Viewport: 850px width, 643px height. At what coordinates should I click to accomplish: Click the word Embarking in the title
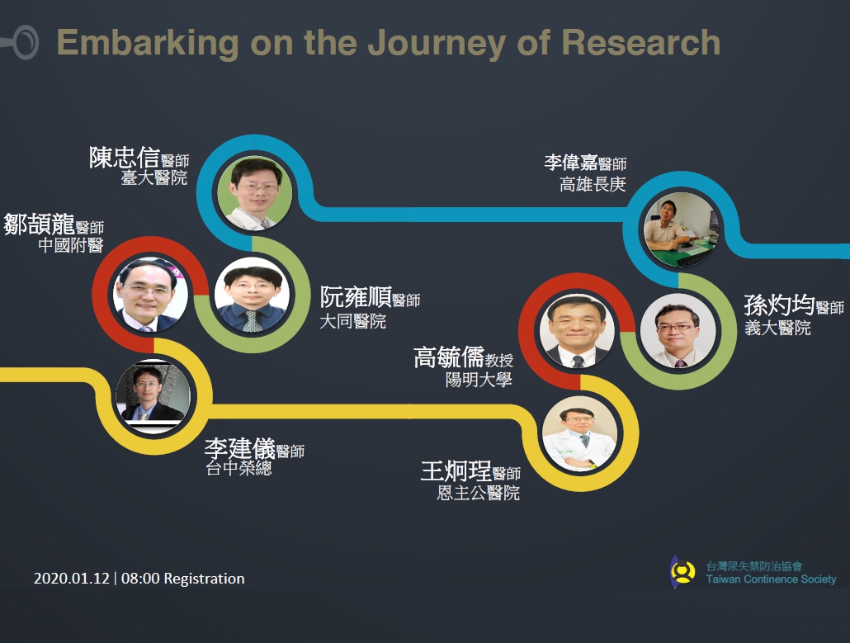point(148,44)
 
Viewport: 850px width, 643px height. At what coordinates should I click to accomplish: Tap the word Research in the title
point(640,42)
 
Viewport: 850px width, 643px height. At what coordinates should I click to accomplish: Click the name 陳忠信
point(124,158)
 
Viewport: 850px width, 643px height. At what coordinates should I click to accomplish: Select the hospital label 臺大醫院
point(154,177)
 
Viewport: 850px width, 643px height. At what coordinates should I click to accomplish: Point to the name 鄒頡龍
point(39,224)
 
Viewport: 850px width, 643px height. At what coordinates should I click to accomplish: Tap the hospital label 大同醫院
point(353,321)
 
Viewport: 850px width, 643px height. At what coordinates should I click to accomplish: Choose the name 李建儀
point(239,448)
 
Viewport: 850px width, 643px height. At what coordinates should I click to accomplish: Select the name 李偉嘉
point(571,162)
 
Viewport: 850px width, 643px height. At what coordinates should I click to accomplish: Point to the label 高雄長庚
point(593,184)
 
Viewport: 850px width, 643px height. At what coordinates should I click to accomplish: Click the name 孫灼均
point(779,305)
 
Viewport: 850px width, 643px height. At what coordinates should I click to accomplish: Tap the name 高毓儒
point(449,357)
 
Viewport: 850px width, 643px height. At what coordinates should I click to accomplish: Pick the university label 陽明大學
point(479,380)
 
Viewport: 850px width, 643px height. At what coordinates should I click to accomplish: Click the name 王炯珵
point(456,470)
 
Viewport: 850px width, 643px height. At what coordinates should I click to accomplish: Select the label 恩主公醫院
point(479,493)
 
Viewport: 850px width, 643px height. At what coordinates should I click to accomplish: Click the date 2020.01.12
point(72,579)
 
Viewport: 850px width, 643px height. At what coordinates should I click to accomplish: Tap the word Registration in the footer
point(204,579)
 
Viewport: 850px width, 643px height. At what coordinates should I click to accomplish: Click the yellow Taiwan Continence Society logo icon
point(682,571)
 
